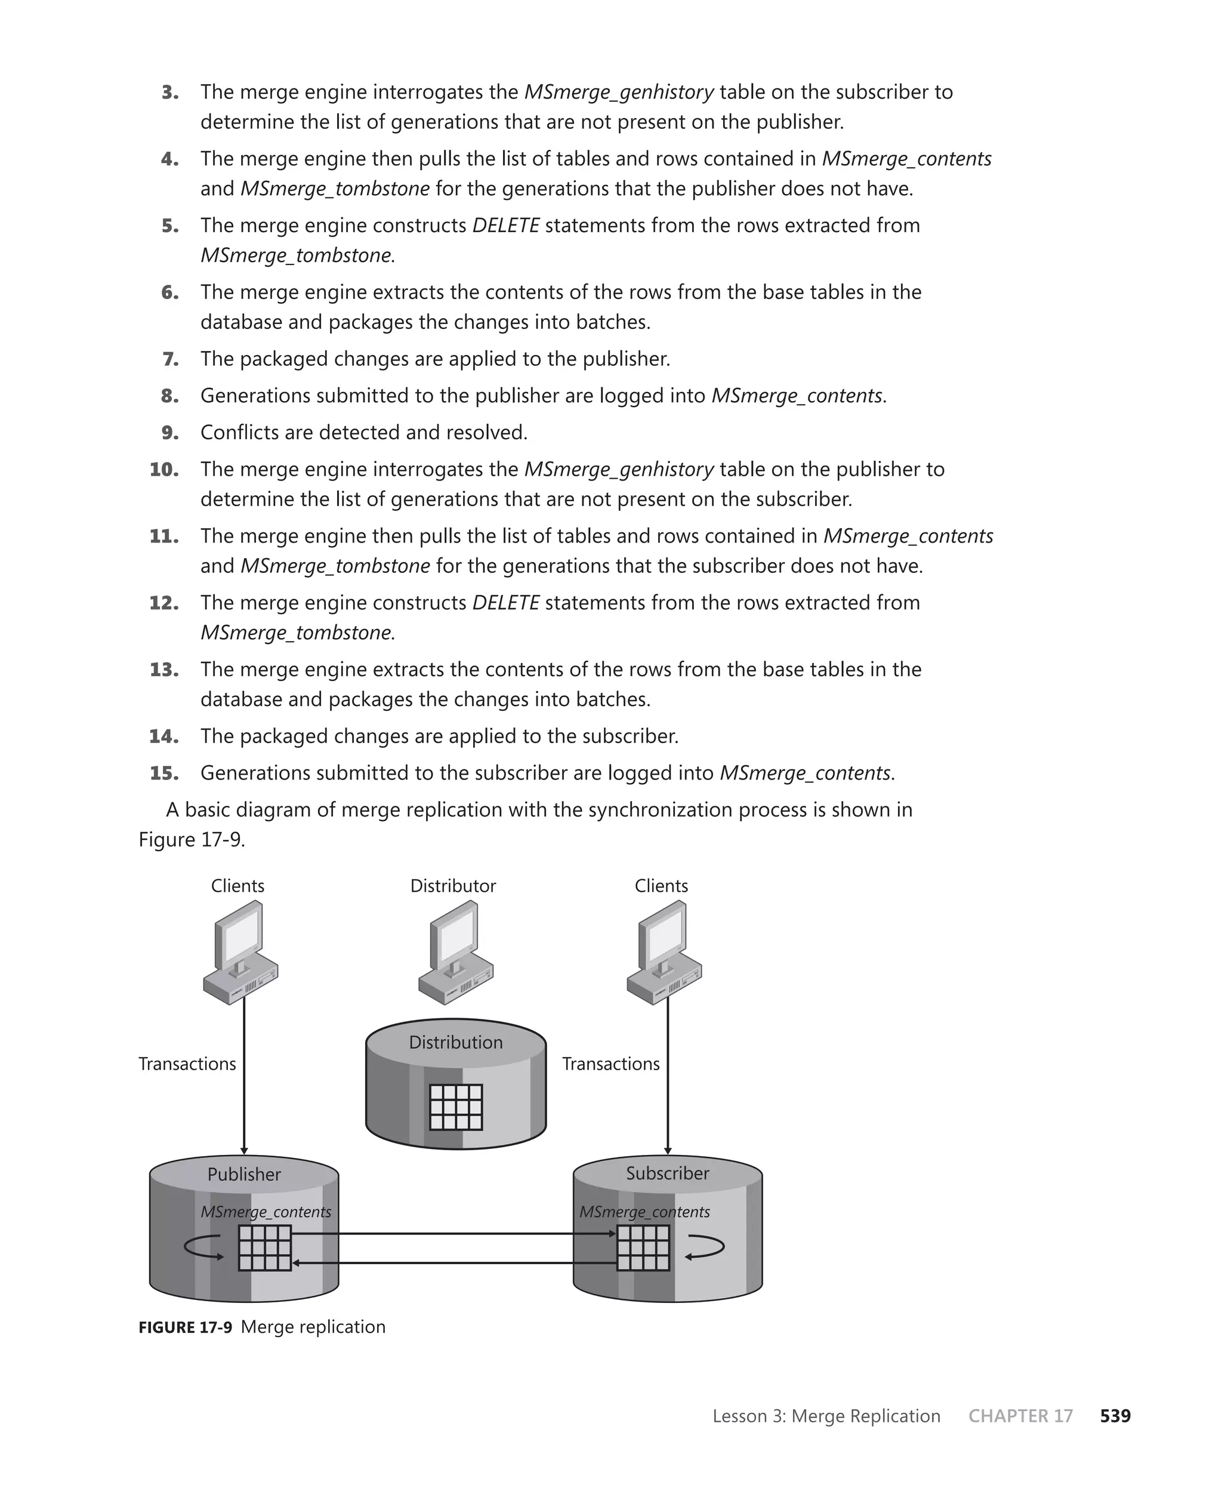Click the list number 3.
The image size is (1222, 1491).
coord(169,93)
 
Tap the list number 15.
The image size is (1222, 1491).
coord(164,773)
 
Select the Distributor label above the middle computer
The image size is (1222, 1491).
coord(453,886)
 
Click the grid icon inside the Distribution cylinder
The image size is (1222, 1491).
coord(455,1107)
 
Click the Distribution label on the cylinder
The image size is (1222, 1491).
coord(455,1042)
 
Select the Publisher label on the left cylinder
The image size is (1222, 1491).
coord(243,1174)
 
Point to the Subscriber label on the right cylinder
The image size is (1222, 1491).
coord(667,1173)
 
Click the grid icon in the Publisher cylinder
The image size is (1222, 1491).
coord(265,1248)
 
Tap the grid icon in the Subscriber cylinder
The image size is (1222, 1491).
coord(643,1248)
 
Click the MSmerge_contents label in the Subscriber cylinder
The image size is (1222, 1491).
coord(644,1212)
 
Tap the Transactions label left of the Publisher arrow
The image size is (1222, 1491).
coord(187,1064)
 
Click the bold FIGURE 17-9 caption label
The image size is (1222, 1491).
coord(185,1327)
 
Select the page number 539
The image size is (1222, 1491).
coord(1115,1416)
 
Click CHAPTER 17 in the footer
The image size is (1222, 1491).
coord(1020,1416)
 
